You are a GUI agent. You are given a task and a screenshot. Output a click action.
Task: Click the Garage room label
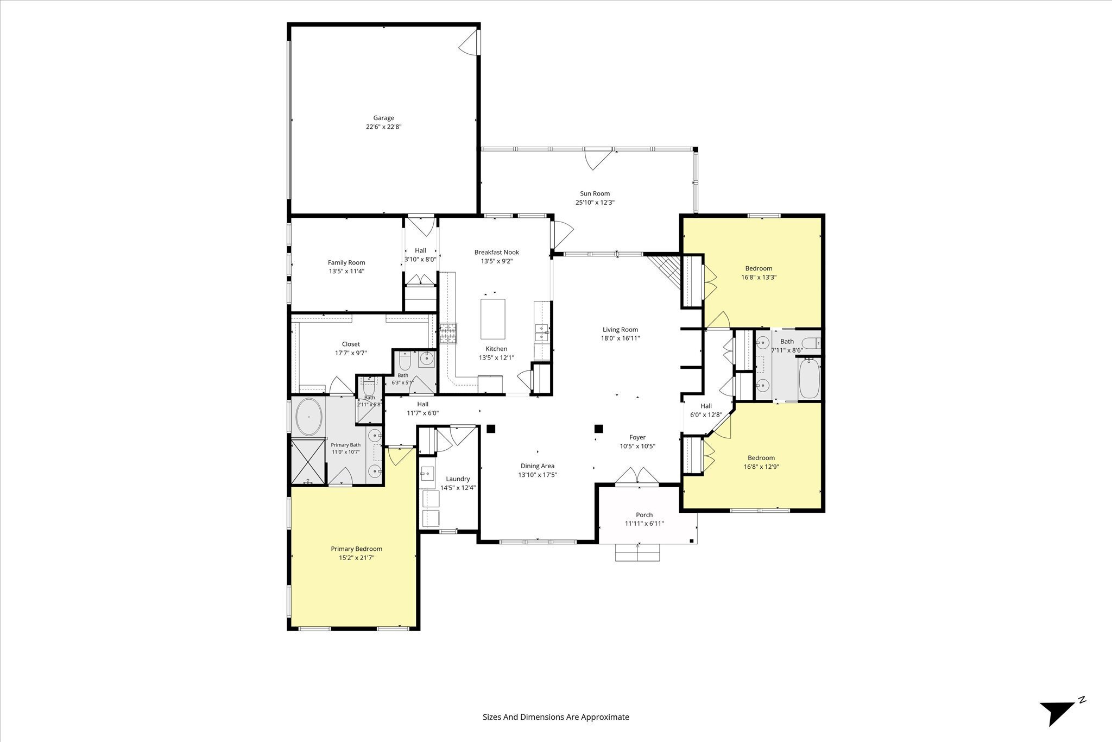pos(383,118)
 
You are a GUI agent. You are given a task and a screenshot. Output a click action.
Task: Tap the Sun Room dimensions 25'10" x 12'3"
pos(595,203)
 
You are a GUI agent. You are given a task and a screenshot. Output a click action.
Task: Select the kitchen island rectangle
pos(493,319)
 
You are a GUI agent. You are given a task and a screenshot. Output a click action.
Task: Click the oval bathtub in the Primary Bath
pos(309,417)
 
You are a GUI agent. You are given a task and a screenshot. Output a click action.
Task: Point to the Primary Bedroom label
pos(356,549)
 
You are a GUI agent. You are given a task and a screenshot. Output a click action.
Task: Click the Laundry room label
pos(458,479)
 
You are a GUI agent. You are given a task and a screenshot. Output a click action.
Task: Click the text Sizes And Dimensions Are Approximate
pos(556,717)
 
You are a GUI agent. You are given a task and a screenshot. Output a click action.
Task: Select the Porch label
pos(645,515)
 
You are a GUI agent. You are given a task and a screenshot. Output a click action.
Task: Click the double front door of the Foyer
pos(637,475)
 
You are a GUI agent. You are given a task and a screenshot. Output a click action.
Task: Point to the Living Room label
pos(620,329)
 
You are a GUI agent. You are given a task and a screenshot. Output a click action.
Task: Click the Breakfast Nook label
pos(497,252)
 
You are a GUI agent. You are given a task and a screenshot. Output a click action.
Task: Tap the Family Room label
pos(346,262)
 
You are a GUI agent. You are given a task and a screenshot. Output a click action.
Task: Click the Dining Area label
pos(538,466)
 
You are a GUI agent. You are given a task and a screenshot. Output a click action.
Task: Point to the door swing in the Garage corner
pos(469,42)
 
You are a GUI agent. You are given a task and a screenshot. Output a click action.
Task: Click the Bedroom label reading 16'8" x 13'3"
pos(759,268)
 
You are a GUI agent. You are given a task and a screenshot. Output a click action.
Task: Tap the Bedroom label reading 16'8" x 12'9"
pos(761,458)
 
